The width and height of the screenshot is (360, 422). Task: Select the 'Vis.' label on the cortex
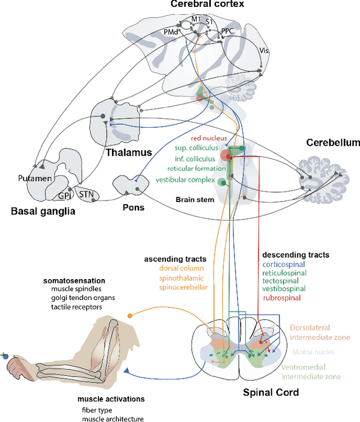[x=264, y=50]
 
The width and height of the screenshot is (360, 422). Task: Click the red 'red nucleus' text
[x=209, y=138]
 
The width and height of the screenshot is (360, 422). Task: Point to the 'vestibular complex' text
[x=185, y=180]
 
